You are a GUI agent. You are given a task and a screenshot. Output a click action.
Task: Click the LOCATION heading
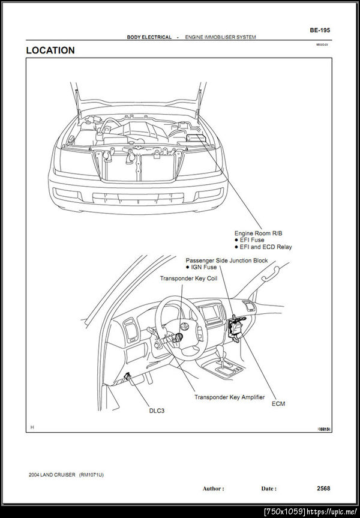point(50,51)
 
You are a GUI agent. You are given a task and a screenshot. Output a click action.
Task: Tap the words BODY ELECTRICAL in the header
point(149,37)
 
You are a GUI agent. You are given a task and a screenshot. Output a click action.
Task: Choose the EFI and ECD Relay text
point(266,247)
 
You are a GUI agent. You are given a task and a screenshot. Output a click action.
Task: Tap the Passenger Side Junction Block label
point(227,261)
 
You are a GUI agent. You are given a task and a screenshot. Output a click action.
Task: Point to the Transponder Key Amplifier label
point(229,397)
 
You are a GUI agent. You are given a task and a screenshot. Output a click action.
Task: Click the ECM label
point(278,404)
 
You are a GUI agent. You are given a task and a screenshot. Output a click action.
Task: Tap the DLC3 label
point(157,411)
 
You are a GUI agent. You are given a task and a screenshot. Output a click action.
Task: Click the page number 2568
point(323,489)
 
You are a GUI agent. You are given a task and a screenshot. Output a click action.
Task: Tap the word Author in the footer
point(212,489)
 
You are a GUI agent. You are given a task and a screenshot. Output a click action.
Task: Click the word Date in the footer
point(268,489)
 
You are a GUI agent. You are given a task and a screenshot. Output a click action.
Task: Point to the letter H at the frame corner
point(32,427)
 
